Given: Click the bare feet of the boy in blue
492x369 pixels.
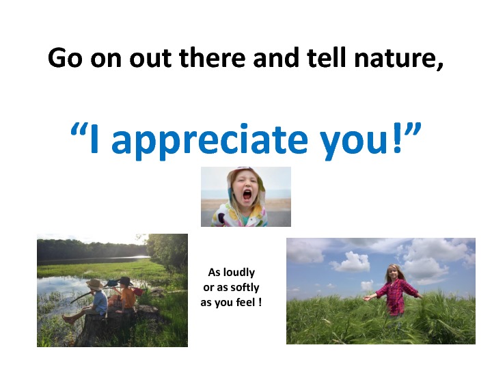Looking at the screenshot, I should [68, 318].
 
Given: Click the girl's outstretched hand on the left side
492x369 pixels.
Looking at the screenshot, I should [366, 298].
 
